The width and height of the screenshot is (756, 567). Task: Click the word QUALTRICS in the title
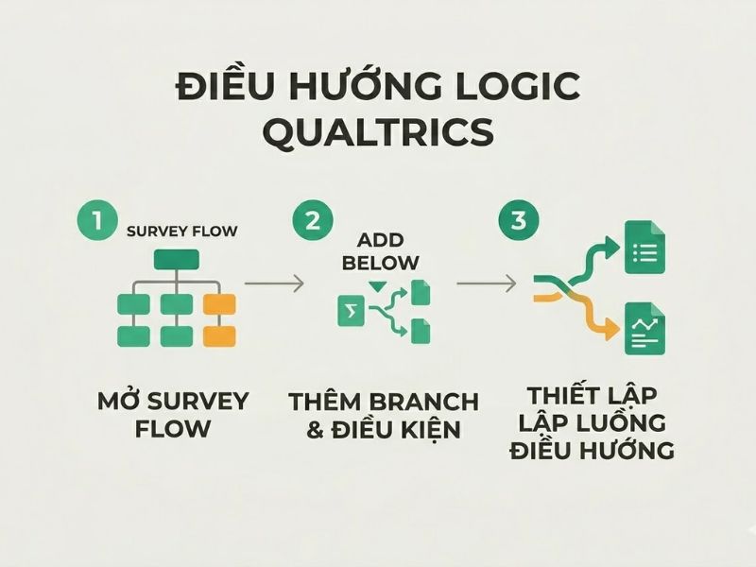click(x=378, y=130)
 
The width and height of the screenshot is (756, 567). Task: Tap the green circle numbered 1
click(x=94, y=221)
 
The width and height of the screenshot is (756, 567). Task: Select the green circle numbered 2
click(x=312, y=221)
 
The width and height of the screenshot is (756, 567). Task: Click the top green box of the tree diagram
click(x=176, y=258)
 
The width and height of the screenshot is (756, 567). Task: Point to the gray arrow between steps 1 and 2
click(x=273, y=282)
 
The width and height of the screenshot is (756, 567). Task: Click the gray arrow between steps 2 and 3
click(x=486, y=282)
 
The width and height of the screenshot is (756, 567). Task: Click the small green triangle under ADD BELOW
click(x=378, y=285)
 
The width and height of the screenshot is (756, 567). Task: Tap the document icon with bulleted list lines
click(x=645, y=250)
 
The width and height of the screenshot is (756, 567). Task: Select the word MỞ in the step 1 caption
click(x=119, y=401)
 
